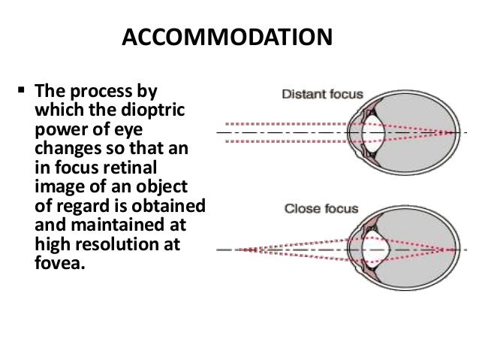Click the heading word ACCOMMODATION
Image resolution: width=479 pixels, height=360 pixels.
coord(224,37)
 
